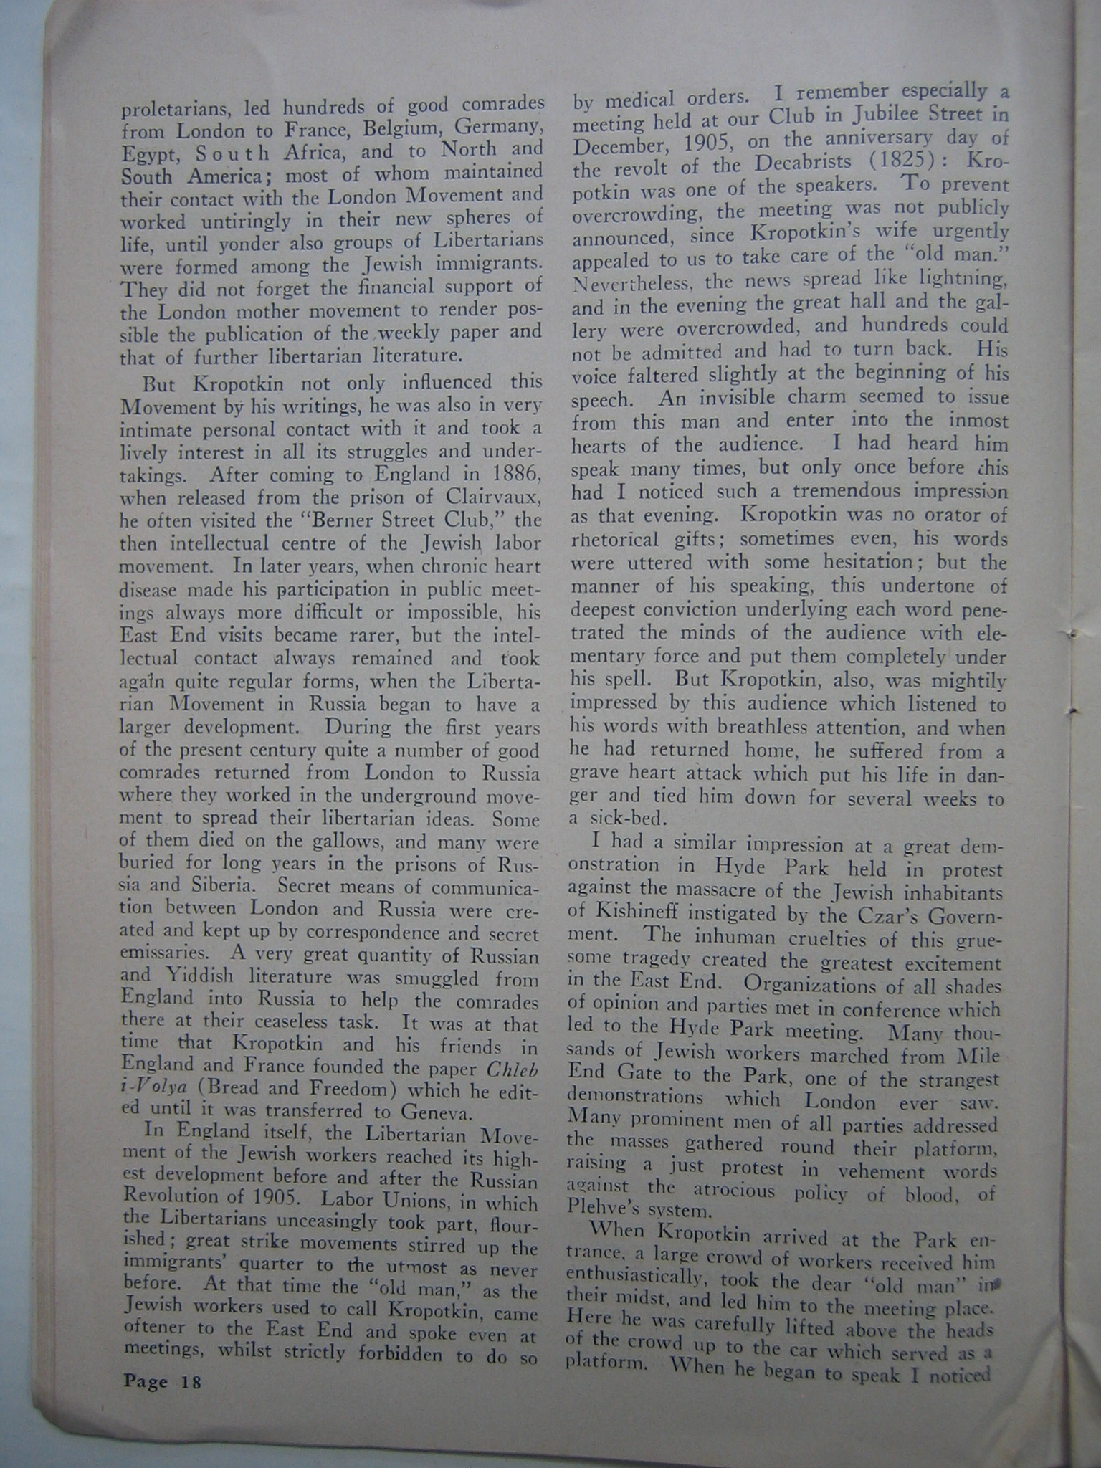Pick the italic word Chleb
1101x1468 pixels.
[512, 1069]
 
